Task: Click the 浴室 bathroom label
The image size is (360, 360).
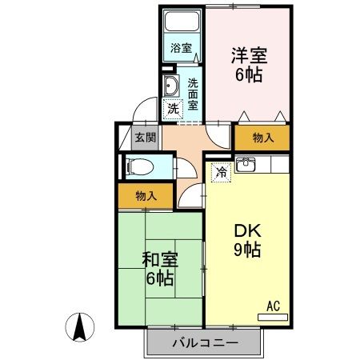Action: [x=182, y=48]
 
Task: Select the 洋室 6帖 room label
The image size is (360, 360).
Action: [x=248, y=65]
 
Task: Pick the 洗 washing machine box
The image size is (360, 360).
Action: [x=173, y=108]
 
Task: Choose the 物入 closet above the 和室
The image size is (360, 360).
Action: [x=145, y=194]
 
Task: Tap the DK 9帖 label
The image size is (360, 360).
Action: [x=248, y=239]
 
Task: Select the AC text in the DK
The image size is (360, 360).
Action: [x=272, y=305]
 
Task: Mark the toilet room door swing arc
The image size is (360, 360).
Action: [x=183, y=171]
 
